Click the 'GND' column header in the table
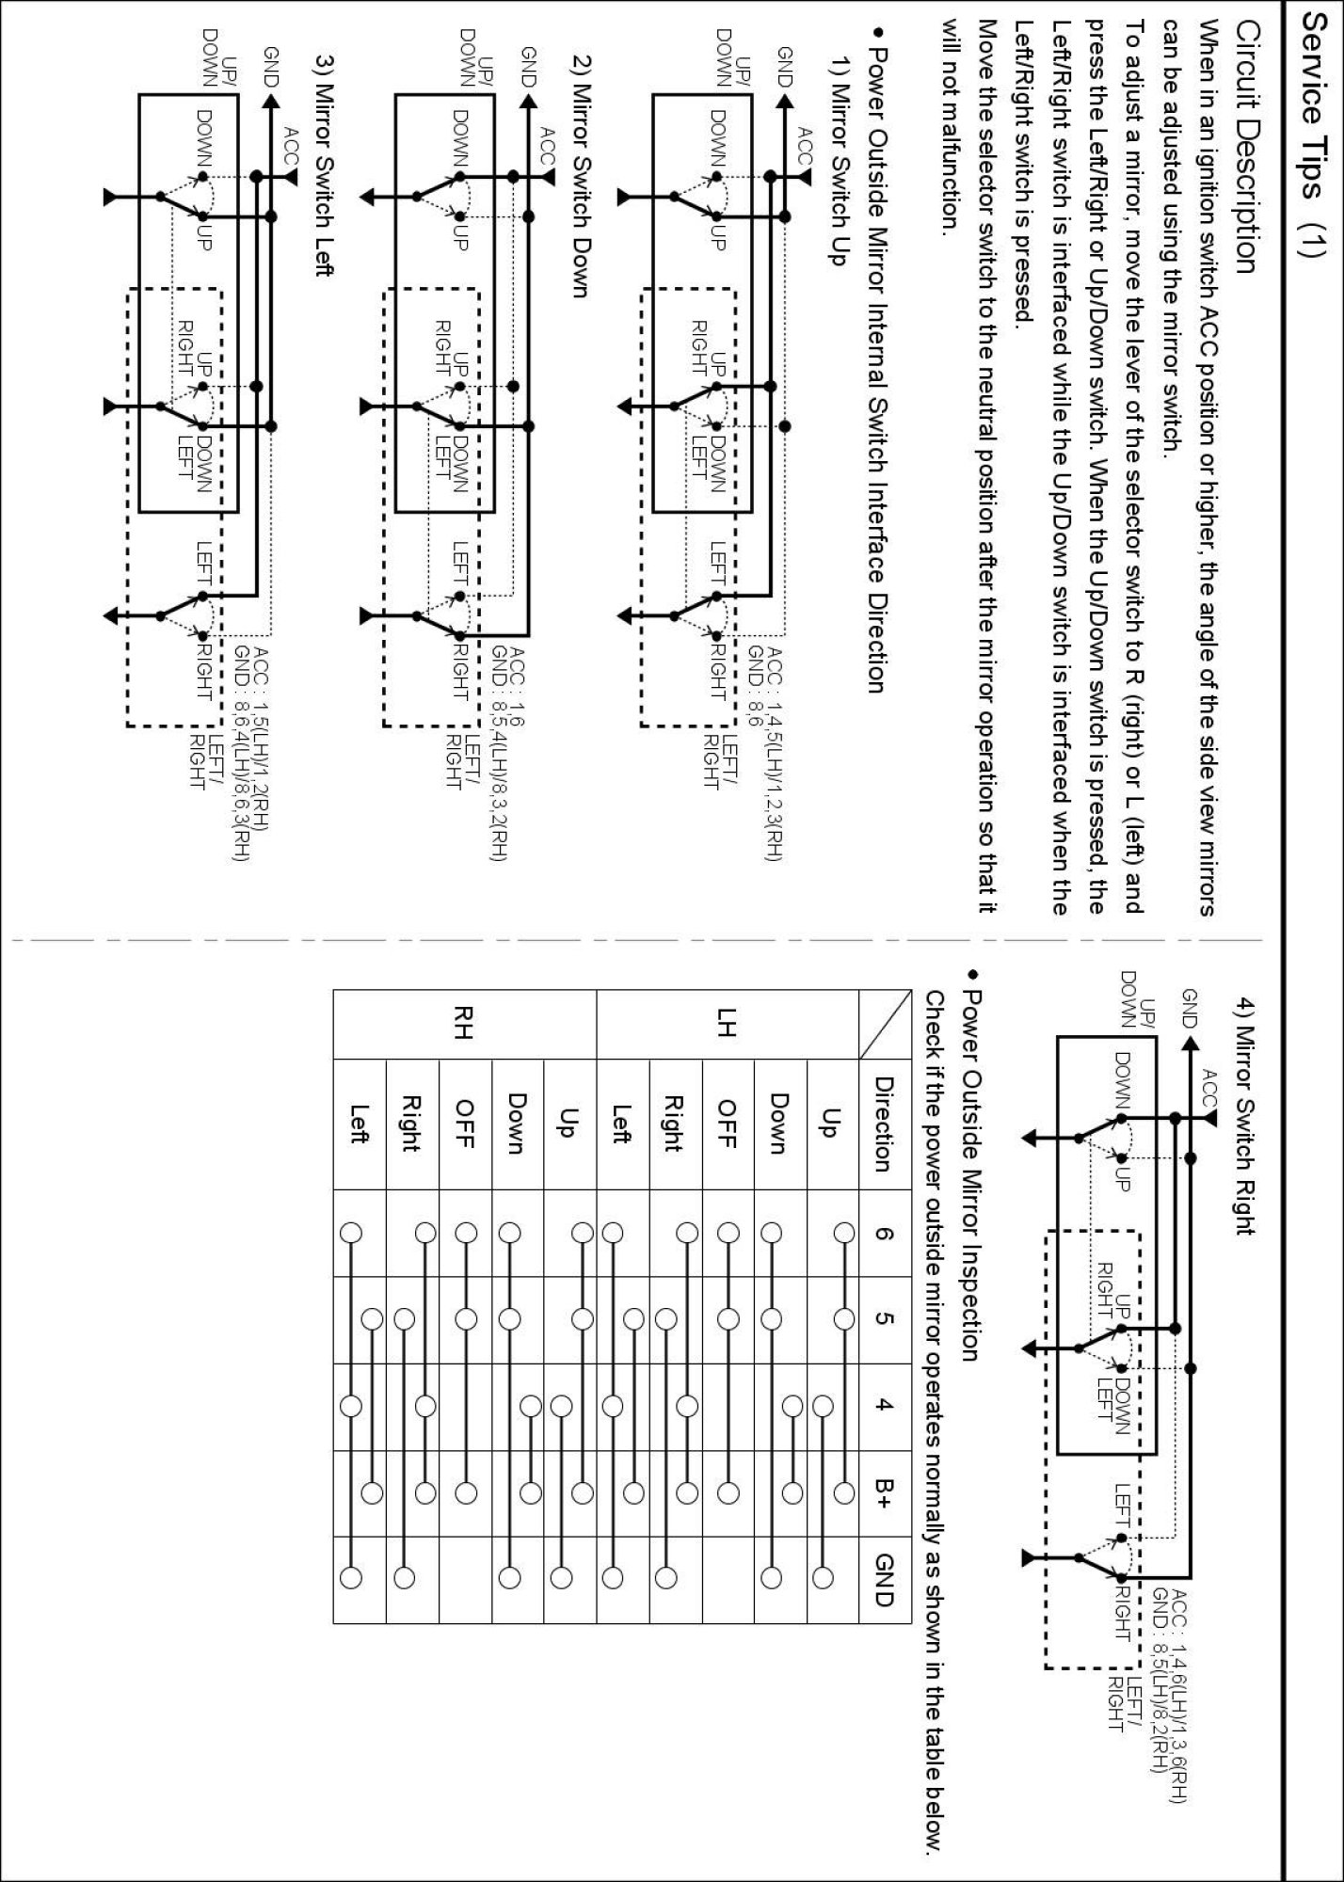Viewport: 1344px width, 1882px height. (884, 1580)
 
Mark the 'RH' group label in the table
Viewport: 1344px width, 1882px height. (464, 1025)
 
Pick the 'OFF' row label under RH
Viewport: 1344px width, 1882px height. (464, 1124)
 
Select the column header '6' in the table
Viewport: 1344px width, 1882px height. (884, 1233)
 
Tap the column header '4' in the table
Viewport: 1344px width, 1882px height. (884, 1406)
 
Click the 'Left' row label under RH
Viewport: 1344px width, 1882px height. (359, 1124)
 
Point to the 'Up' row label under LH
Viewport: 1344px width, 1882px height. (831, 1124)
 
